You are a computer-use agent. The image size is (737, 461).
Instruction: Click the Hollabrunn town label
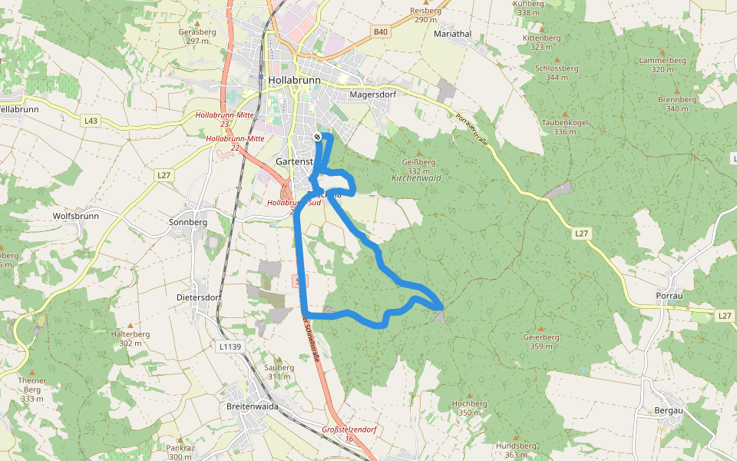[295, 80]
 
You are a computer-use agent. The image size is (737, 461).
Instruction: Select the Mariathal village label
[452, 35]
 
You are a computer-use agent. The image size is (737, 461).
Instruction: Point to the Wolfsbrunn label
[75, 216]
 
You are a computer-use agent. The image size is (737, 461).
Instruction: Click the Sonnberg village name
[187, 221]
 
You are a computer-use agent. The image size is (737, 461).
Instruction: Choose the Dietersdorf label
[199, 297]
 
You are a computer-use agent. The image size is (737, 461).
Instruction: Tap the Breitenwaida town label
[252, 406]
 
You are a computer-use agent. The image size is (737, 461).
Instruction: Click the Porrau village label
[670, 296]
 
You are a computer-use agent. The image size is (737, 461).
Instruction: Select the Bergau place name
[669, 410]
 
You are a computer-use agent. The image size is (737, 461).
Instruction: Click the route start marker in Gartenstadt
[317, 137]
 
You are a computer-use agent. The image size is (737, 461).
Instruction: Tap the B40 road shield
[381, 32]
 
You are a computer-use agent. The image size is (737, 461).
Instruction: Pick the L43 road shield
[91, 121]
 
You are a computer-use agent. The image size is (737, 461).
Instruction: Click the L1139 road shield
[230, 347]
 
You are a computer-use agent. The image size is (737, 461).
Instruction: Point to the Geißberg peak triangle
[418, 154]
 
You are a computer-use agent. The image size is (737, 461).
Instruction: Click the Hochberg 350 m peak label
[470, 408]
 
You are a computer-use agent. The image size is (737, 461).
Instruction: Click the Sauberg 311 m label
[279, 372]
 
